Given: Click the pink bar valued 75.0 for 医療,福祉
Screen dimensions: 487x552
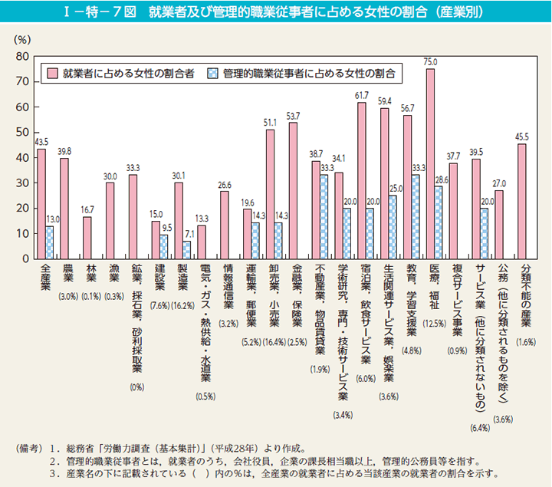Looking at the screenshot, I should [x=430, y=163].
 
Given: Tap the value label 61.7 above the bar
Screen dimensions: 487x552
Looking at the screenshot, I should [x=361, y=95].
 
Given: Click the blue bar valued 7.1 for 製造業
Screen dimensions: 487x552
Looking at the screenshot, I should [x=186, y=250].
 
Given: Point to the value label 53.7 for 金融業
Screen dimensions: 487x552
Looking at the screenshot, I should [x=293, y=116].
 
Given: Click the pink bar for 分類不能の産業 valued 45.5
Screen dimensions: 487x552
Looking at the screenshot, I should [x=522, y=201].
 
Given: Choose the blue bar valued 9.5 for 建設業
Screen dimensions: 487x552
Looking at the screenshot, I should [x=164, y=247].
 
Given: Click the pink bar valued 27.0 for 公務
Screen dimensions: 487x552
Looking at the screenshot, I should [x=499, y=225].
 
